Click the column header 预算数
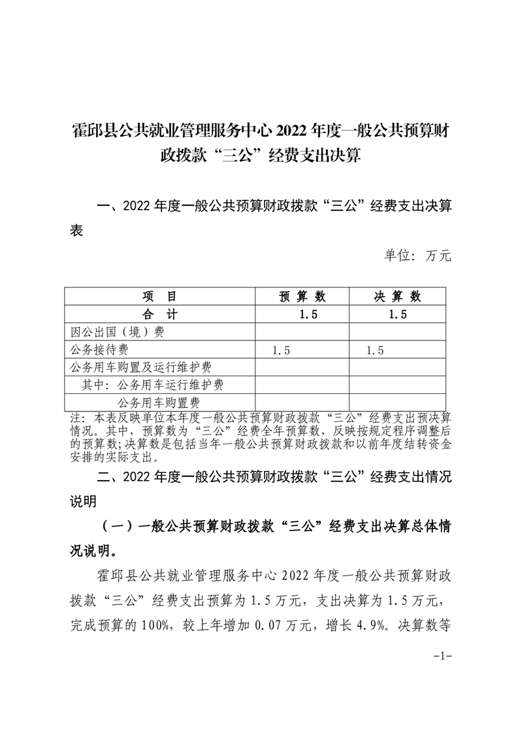[302, 297]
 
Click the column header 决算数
[397, 297]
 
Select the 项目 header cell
[160, 297]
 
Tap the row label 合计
[160, 314]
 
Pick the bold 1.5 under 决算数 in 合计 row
[397, 314]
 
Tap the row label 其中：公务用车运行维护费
[153, 385]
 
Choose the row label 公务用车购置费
[158, 402]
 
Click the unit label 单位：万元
[419, 255]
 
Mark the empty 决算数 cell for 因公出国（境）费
[397, 332]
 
